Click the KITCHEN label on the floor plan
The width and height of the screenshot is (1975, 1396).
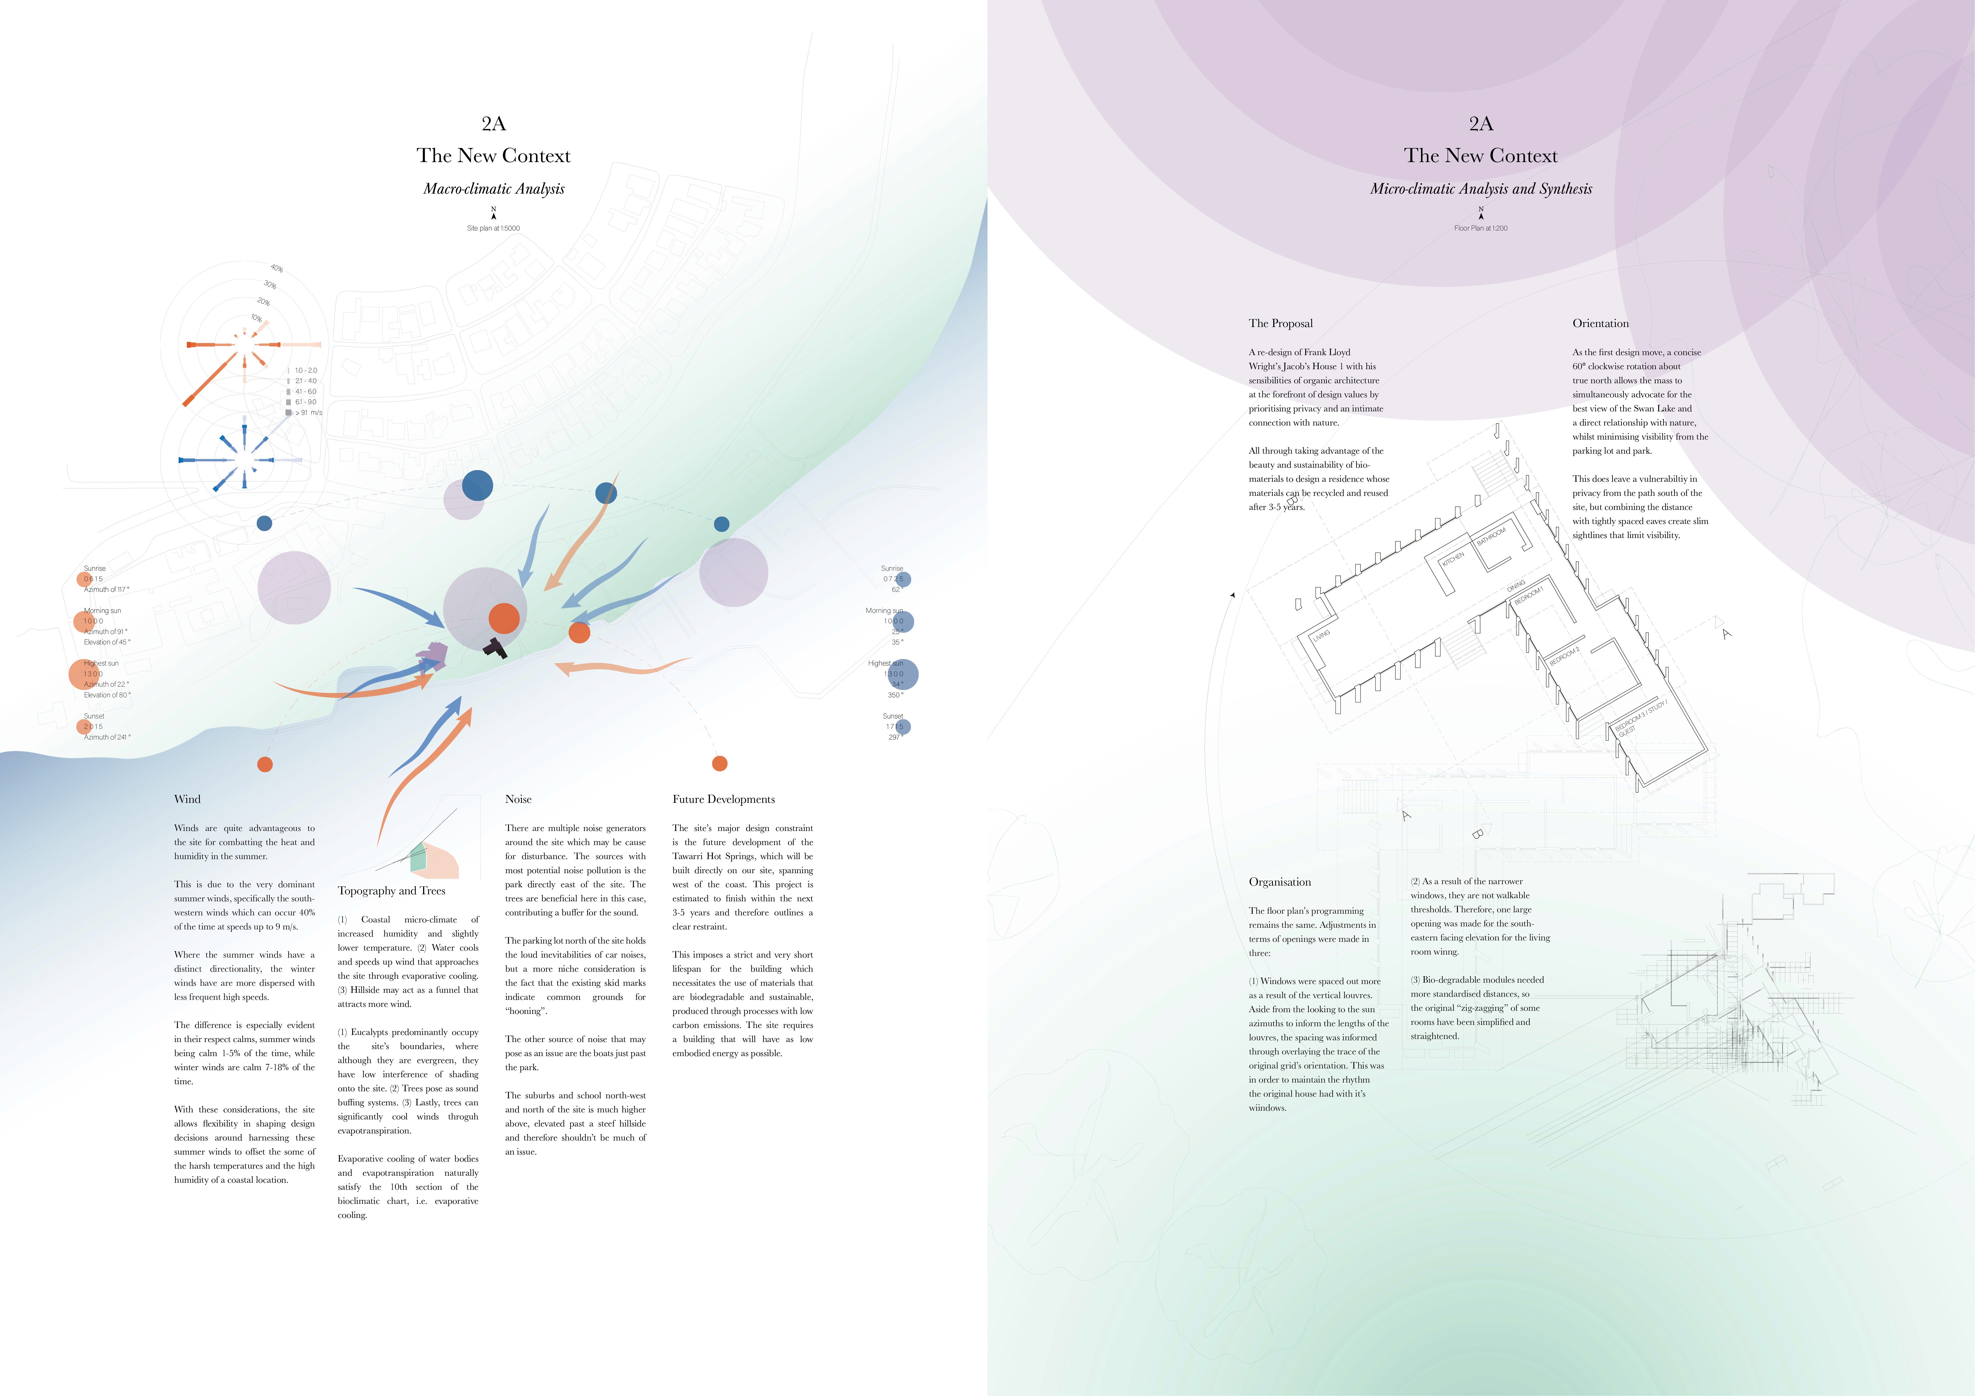[x=1453, y=559]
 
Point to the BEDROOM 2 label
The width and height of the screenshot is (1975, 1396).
[x=1564, y=656]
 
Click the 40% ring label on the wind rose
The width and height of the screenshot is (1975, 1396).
[x=277, y=269]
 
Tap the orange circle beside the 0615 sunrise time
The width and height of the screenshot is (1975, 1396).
[x=85, y=579]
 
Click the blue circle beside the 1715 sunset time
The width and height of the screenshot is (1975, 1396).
[x=902, y=727]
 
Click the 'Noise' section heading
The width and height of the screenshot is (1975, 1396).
[x=518, y=799]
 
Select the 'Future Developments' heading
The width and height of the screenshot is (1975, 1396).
[x=723, y=799]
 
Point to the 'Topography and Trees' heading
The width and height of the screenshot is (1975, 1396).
[x=391, y=891]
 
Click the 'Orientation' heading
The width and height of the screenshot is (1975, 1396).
[x=1600, y=323]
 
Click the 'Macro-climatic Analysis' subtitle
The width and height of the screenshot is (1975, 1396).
[x=494, y=188]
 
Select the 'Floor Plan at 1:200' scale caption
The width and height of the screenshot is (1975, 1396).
[x=1480, y=228]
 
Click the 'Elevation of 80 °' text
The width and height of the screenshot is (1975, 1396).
[x=108, y=695]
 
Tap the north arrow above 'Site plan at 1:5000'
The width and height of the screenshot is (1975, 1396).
[x=494, y=213]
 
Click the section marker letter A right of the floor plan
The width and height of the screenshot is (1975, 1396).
[x=1726, y=634]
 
